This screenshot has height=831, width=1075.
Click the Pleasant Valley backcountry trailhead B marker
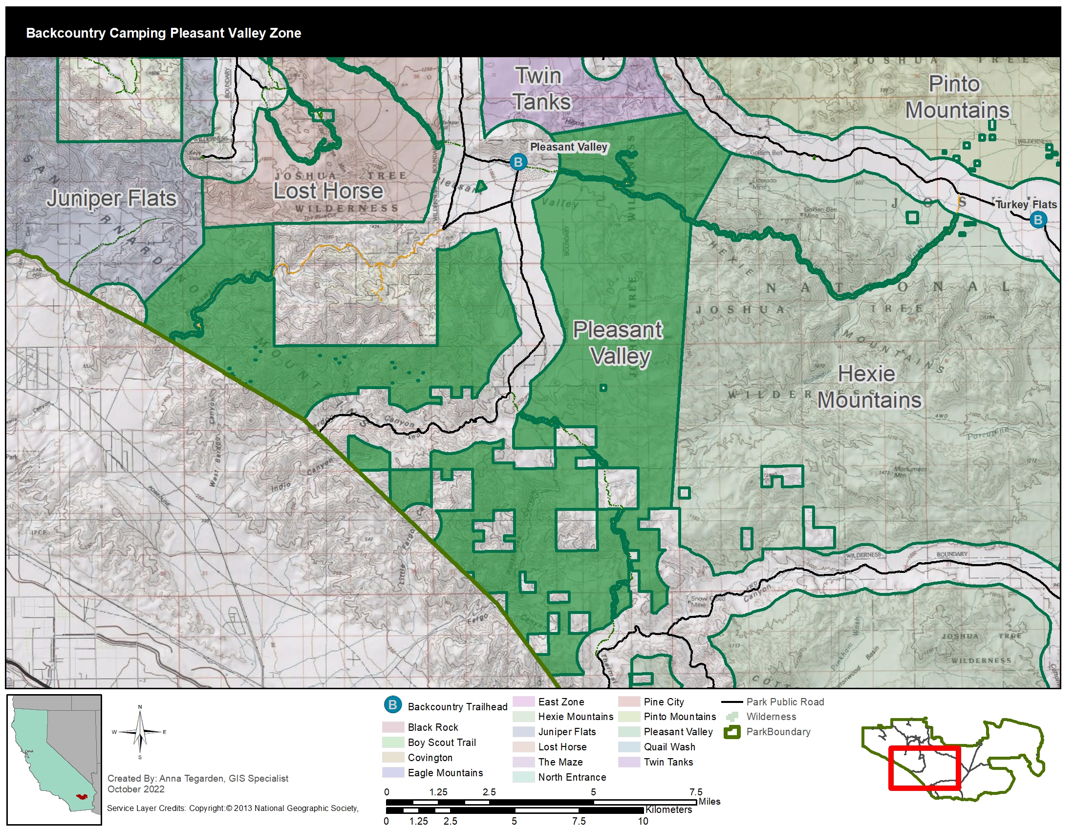point(518,162)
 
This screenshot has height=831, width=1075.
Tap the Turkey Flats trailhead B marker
point(1038,219)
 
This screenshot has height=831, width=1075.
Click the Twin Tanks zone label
point(541,89)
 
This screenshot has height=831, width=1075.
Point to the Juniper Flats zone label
point(112,198)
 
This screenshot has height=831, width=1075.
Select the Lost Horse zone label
point(328,191)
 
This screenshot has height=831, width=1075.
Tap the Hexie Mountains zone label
point(869,387)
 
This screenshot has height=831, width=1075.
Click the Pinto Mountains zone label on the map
point(957,97)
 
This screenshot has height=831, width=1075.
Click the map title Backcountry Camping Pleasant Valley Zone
point(163,33)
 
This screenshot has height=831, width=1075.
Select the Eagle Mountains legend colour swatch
point(393,772)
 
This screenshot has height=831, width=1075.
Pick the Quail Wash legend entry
point(669,747)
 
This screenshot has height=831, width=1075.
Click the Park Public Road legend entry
point(785,702)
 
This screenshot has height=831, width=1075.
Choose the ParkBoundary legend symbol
point(732,732)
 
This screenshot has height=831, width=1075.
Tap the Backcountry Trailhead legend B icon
point(393,705)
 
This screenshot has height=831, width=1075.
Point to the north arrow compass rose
point(140,732)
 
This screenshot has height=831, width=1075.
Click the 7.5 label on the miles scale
point(695,791)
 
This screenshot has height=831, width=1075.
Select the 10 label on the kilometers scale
point(643,821)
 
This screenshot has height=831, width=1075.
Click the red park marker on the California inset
point(81,796)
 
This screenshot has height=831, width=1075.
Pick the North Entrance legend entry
point(572,777)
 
